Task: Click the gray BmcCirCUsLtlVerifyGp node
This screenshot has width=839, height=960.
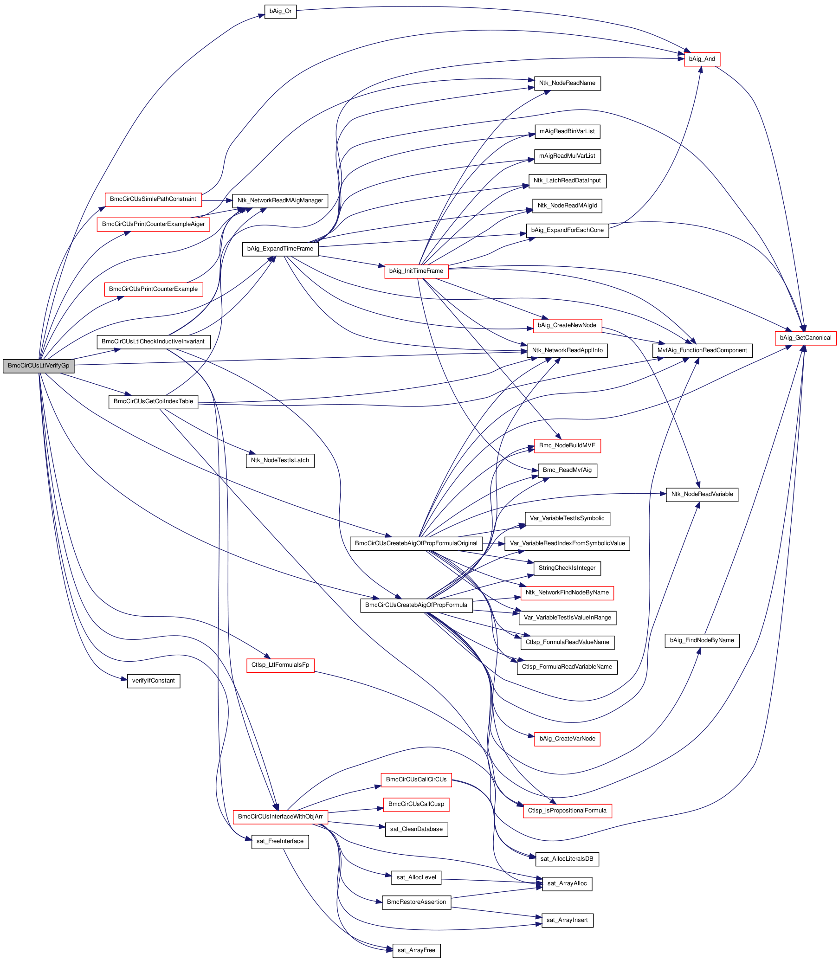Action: [39, 366]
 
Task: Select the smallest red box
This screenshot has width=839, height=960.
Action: [702, 59]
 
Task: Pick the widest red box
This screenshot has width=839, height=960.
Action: [153, 225]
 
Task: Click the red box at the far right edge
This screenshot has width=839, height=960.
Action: [806, 338]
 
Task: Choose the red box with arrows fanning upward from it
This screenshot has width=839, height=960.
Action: [416, 271]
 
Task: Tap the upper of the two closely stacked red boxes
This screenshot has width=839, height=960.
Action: [416, 780]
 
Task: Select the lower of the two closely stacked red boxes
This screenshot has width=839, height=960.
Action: [416, 805]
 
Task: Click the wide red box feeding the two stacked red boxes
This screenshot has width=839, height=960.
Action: [280, 817]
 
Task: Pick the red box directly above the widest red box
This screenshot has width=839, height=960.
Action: [153, 200]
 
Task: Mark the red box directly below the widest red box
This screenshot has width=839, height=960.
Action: [153, 289]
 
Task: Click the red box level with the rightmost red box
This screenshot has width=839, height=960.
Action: [567, 326]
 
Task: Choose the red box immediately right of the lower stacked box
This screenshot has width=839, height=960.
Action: [568, 811]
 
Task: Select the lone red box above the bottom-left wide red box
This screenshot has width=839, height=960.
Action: [280, 665]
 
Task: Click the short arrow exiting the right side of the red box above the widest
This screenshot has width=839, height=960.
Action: [218, 200]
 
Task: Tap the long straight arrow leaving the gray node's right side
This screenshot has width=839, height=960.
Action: [300, 358]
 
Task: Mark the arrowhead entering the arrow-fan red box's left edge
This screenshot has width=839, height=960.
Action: [381, 266]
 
